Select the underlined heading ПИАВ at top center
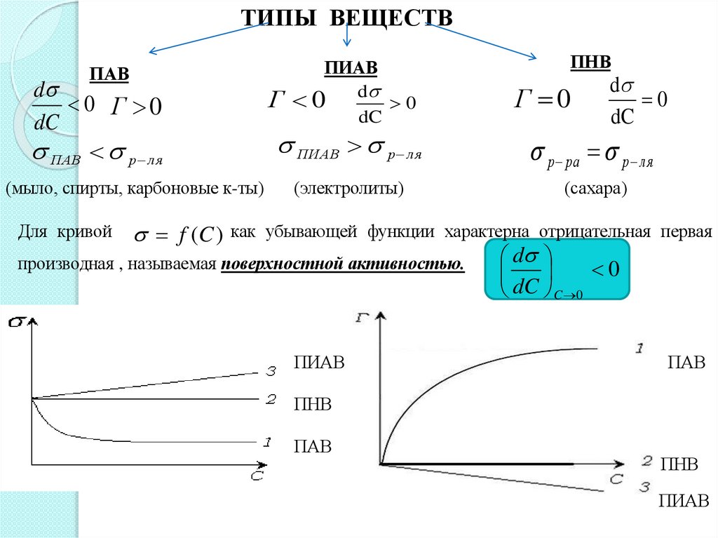coord(351,67)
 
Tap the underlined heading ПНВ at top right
coord(591,62)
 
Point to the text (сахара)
coord(595,189)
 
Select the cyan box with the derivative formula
coord(558,269)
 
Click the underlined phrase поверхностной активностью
coord(343,264)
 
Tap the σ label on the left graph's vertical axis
coord(17,322)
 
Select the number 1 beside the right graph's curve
coord(639,348)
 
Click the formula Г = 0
coord(543,99)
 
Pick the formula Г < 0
coord(297,100)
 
